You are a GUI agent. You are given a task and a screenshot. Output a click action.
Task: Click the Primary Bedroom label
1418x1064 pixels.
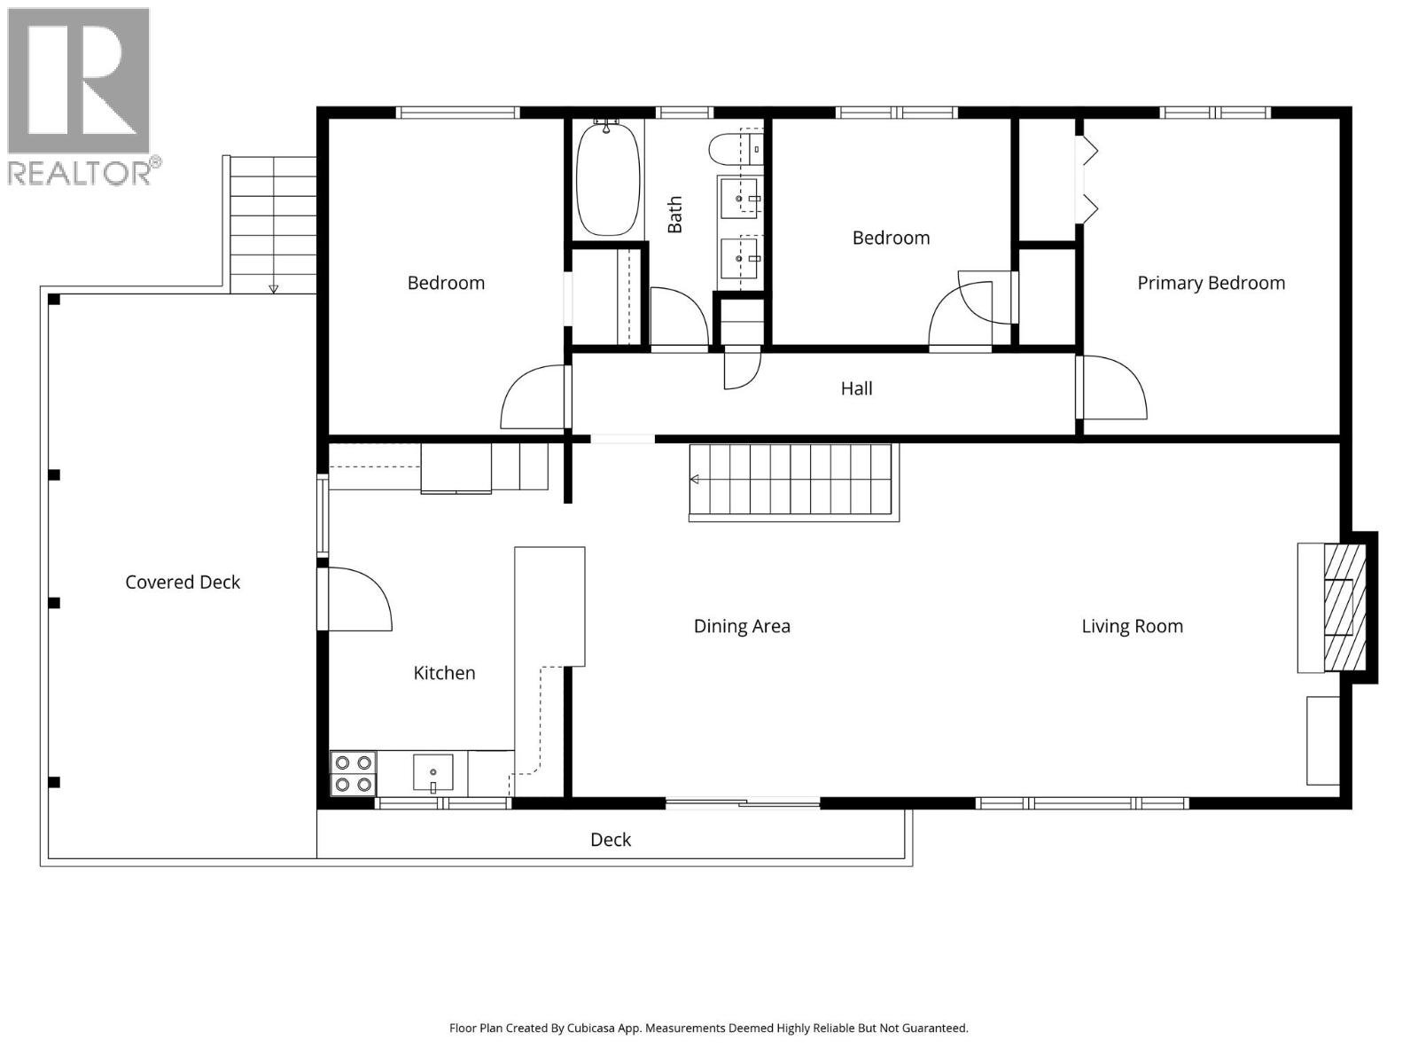click(1211, 283)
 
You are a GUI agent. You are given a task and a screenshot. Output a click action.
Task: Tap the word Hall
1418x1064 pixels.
click(856, 388)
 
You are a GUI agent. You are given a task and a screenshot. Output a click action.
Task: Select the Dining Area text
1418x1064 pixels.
click(742, 626)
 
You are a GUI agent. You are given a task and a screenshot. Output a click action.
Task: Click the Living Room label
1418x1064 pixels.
click(1132, 626)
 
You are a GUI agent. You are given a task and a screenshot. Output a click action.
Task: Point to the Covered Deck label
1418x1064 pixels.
click(183, 583)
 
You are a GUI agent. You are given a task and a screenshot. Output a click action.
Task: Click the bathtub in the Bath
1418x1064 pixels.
click(608, 179)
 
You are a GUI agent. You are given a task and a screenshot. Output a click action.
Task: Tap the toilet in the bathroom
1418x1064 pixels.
click(735, 148)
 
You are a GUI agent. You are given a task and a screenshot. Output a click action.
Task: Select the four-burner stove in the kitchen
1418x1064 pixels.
click(353, 773)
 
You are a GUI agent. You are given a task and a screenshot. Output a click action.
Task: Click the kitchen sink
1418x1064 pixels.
click(433, 772)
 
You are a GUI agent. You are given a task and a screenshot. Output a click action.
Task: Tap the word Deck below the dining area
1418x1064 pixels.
click(611, 840)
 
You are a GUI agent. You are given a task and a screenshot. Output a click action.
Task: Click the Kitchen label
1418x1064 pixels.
click(444, 673)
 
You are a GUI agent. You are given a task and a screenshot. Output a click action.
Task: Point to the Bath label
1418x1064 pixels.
click(675, 215)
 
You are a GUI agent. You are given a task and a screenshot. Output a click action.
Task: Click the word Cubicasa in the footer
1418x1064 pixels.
click(612, 1029)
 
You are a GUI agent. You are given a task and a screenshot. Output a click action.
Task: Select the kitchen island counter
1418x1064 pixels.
click(549, 606)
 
